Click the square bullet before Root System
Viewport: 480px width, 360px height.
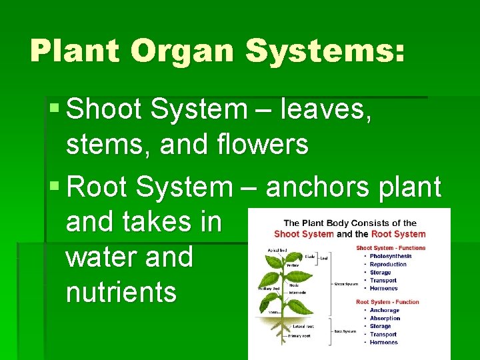(x=55, y=187)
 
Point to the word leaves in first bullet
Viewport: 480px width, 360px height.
(x=325, y=109)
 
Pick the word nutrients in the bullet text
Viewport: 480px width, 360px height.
(x=121, y=292)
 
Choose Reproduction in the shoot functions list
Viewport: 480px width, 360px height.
(x=388, y=264)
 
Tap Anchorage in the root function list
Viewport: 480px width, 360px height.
(x=385, y=310)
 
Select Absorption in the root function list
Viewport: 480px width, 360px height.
(x=385, y=318)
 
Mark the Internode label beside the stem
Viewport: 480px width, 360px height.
(x=297, y=293)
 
